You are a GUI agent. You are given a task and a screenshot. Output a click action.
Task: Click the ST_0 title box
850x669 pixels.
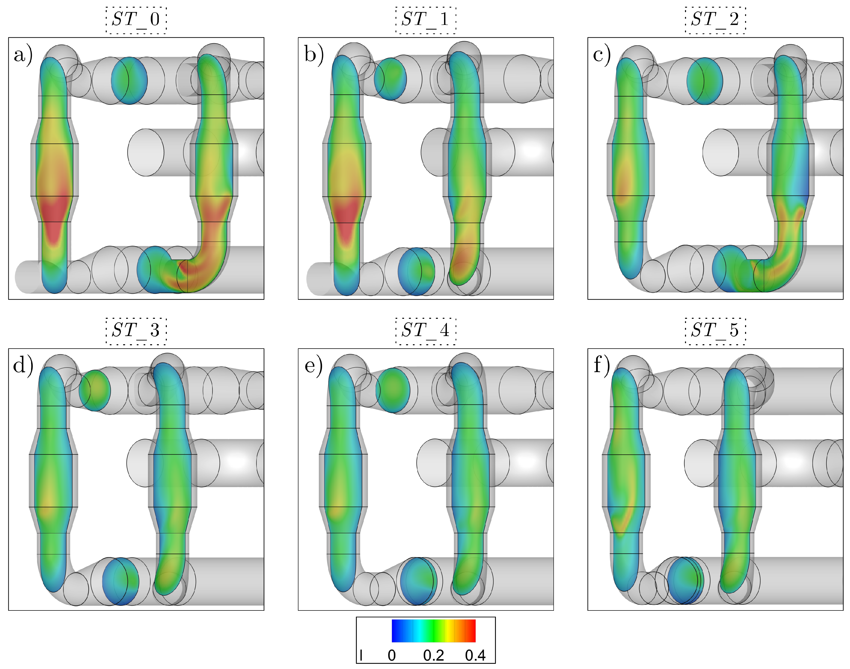pyautogui.click(x=136, y=20)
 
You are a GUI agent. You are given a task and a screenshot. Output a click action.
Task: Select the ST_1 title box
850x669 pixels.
pyautogui.click(x=426, y=20)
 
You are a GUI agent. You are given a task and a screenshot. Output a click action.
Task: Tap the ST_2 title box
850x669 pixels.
pyautogui.click(x=715, y=20)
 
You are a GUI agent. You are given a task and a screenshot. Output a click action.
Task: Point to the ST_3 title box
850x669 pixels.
pyautogui.click(x=136, y=331)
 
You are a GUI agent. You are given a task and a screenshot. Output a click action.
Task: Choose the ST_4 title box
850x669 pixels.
pyautogui.click(x=426, y=331)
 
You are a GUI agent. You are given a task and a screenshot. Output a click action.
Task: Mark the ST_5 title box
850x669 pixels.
pyautogui.click(x=715, y=331)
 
